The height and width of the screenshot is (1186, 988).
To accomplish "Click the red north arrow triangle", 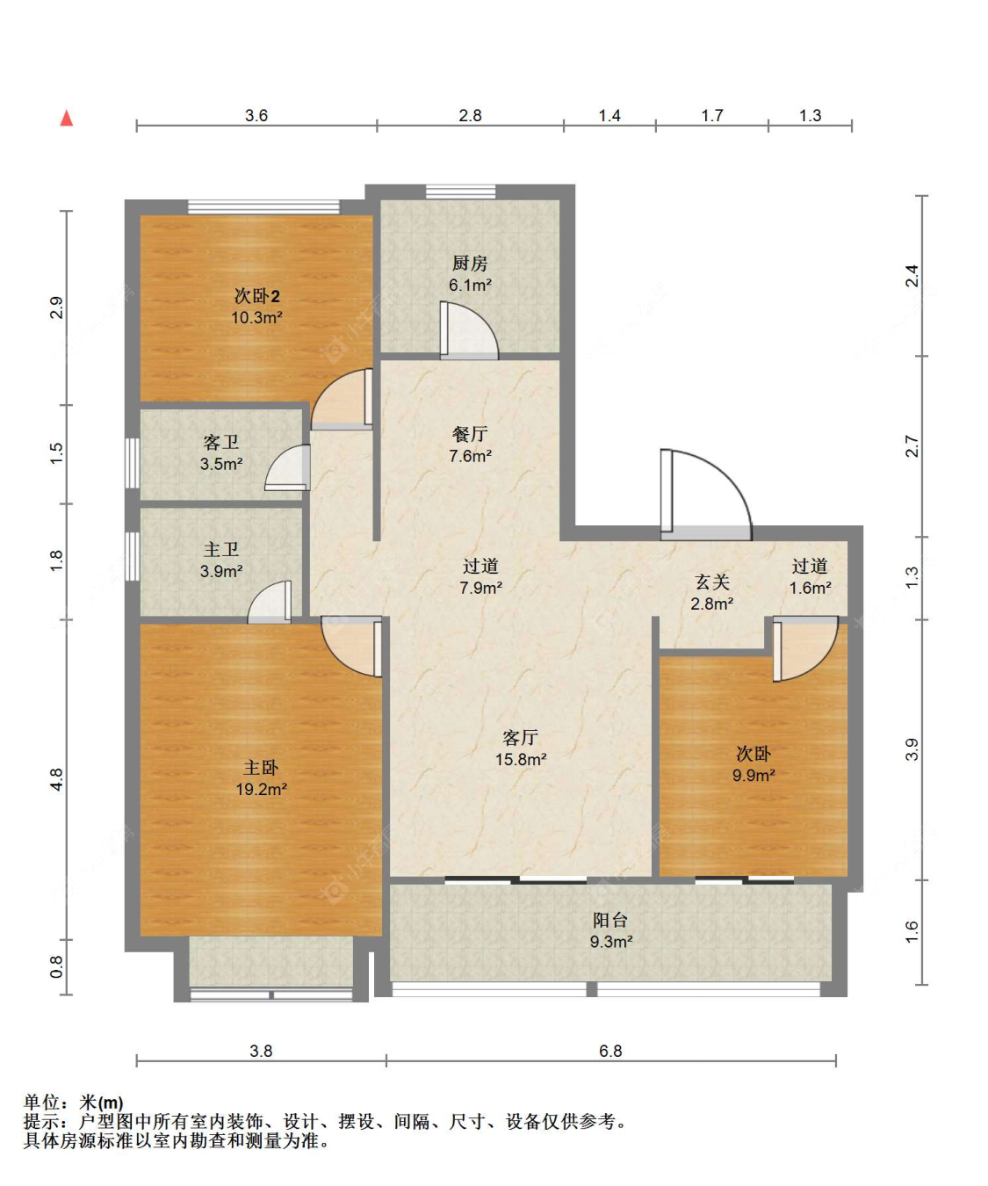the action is [67, 118].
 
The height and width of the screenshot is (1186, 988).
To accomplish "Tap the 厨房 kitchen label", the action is [470, 264].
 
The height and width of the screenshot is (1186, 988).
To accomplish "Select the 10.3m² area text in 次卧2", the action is [256, 317].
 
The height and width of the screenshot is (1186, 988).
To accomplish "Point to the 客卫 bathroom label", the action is [221, 443].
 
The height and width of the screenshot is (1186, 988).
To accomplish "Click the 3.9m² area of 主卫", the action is [221, 571].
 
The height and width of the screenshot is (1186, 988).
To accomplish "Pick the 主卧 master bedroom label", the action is [261, 768].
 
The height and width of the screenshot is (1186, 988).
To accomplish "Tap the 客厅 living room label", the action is [520, 738].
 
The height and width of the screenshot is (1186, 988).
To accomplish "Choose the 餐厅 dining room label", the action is [470, 435].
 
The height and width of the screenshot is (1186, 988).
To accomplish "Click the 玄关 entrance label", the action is [711, 582].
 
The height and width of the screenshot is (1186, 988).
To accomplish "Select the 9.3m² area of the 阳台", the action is [611, 942].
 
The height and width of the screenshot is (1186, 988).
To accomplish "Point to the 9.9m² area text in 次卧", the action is [754, 776].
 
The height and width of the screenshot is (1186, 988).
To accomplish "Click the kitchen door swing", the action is [469, 330].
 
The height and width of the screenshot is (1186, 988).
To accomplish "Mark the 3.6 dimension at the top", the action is [256, 116].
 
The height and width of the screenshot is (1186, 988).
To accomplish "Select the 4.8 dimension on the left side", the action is [57, 778].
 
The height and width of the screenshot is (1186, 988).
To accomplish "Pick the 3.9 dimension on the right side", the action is [912, 749].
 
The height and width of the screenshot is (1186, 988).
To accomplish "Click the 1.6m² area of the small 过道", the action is [811, 588].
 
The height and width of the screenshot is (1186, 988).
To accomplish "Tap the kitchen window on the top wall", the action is [460, 192].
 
